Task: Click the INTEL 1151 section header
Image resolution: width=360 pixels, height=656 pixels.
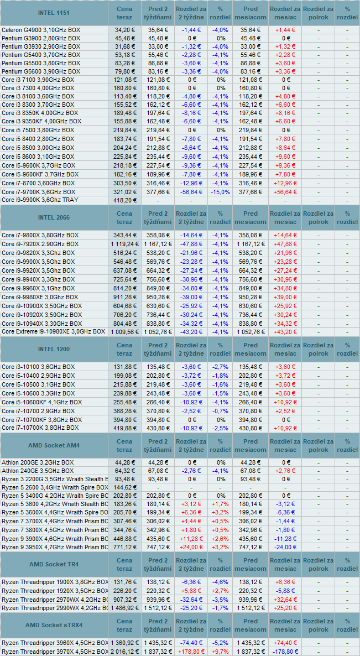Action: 54,13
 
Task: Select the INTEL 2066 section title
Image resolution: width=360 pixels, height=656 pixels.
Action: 54,217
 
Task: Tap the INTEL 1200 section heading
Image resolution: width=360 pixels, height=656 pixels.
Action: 54,349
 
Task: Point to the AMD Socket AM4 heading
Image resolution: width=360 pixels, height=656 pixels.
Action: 54,445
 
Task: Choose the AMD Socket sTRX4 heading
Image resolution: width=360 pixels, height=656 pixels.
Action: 54,625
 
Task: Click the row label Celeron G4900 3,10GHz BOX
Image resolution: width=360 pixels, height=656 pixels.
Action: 41,29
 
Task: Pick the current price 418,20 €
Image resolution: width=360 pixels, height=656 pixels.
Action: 124,200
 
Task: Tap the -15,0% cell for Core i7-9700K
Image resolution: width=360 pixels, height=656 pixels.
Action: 220,192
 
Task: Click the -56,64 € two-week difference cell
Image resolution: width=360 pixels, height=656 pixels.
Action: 190,192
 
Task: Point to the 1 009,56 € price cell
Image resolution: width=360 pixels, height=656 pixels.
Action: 124,332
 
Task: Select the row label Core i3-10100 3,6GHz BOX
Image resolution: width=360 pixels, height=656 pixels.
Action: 38,367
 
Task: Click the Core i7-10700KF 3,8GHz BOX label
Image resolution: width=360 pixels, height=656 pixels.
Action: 42,419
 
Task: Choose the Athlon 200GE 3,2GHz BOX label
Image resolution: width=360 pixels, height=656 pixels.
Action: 38,462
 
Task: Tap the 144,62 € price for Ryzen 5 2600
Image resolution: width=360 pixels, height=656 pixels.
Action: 124,488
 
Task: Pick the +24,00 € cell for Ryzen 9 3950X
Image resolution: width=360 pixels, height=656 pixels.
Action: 190,547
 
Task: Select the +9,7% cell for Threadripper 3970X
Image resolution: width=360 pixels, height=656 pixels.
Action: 220,652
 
